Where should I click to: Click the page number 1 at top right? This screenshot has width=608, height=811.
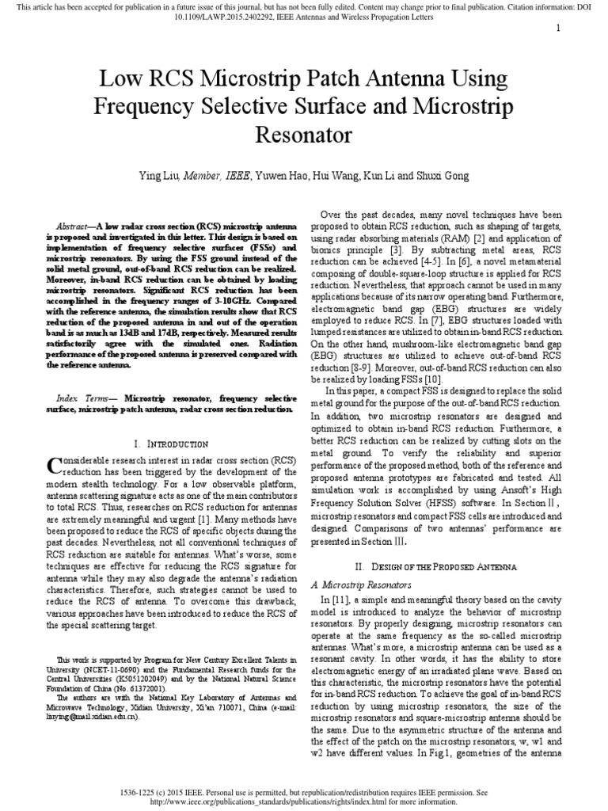(x=558, y=29)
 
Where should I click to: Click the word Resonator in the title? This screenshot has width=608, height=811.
(x=304, y=132)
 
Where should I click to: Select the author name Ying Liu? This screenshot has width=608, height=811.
(x=161, y=175)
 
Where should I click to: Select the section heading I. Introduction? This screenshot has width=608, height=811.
(x=172, y=444)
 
